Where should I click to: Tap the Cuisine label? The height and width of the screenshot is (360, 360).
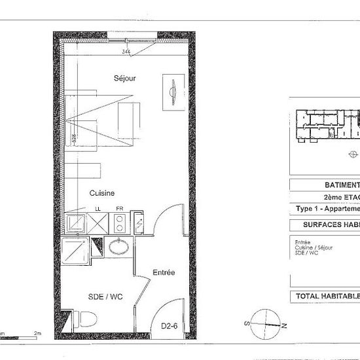pos(103,193)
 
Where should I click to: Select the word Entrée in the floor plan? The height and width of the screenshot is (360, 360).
pos(164,272)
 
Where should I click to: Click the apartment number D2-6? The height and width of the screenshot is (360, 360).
pos(170,326)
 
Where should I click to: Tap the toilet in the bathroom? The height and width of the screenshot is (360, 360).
pos(86,319)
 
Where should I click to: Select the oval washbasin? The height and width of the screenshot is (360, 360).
pos(119,247)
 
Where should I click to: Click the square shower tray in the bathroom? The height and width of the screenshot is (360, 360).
pos(75,250)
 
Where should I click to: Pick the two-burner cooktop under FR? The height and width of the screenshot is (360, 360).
pos(119,223)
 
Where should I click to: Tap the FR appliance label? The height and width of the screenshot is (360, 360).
pos(119,209)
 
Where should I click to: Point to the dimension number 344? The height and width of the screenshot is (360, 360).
pos(126,50)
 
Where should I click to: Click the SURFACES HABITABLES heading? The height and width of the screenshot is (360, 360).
pos(330,225)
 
